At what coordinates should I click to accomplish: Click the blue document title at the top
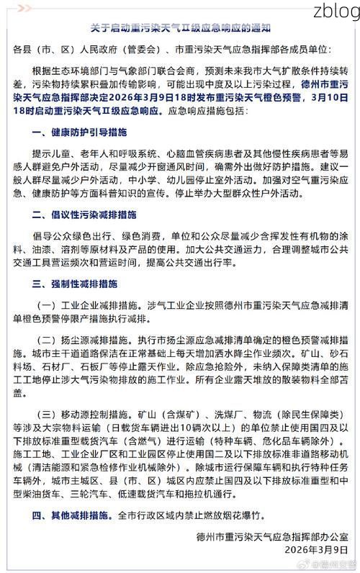pos(180,28)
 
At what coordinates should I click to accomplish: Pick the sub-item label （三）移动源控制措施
pos(81,415)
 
